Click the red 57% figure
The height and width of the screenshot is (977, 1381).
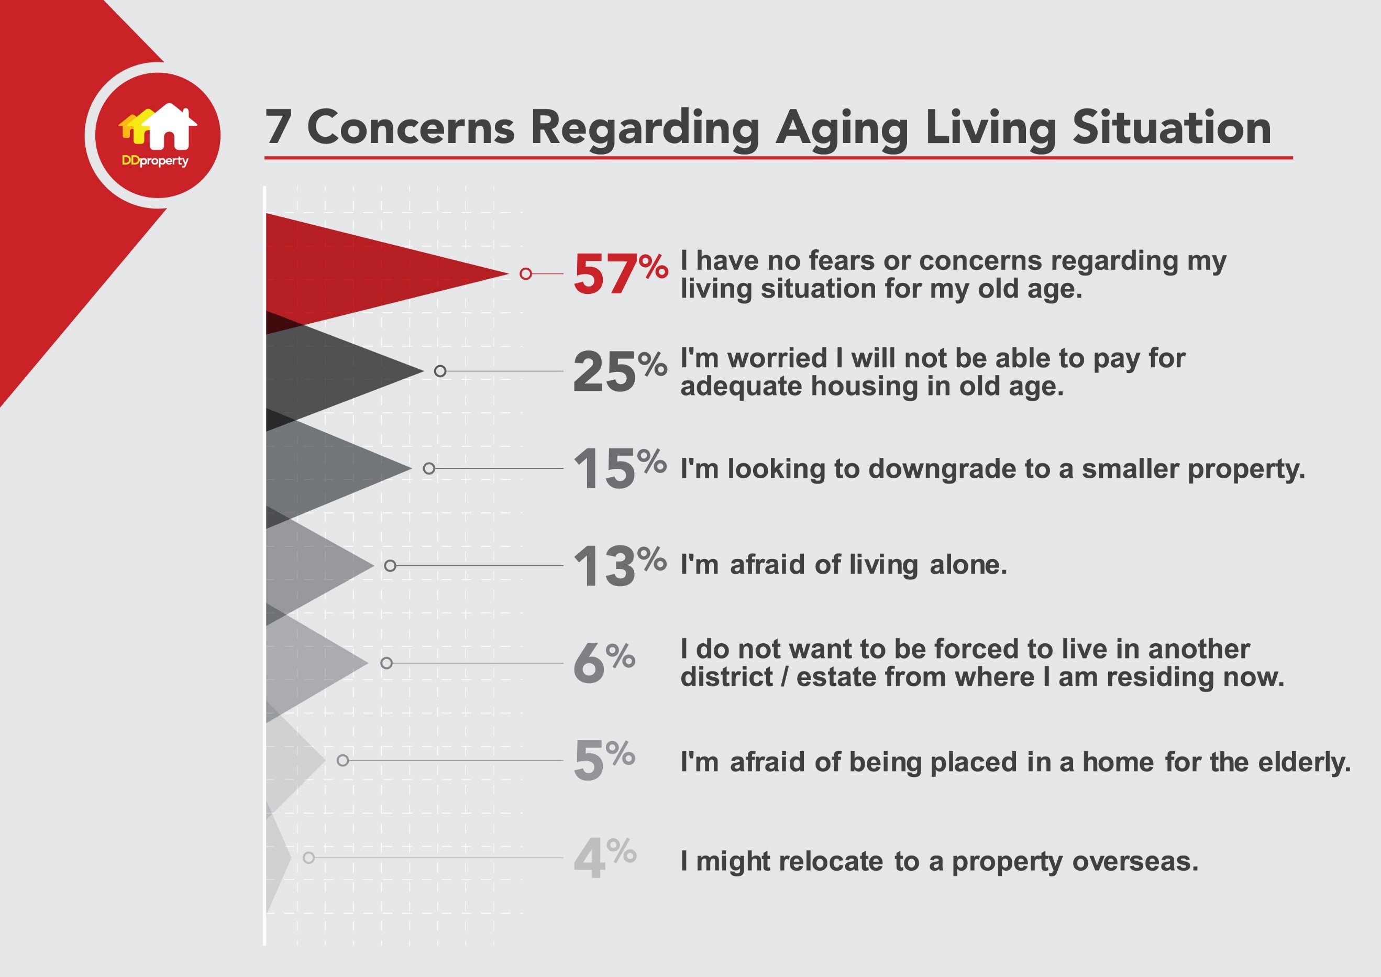tap(620, 274)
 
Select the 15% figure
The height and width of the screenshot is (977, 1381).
tap(620, 467)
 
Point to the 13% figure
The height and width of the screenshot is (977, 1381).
tap(620, 565)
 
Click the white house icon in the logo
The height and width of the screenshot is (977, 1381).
tap(169, 126)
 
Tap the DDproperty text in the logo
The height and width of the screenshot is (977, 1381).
tap(155, 161)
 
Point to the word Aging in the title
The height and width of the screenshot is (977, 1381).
tap(842, 130)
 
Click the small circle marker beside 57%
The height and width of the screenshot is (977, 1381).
tap(526, 274)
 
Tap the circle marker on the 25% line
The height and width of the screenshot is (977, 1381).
tap(440, 371)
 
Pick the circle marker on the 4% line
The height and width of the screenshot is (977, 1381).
tap(308, 857)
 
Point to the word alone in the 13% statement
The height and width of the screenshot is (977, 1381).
tap(968, 565)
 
